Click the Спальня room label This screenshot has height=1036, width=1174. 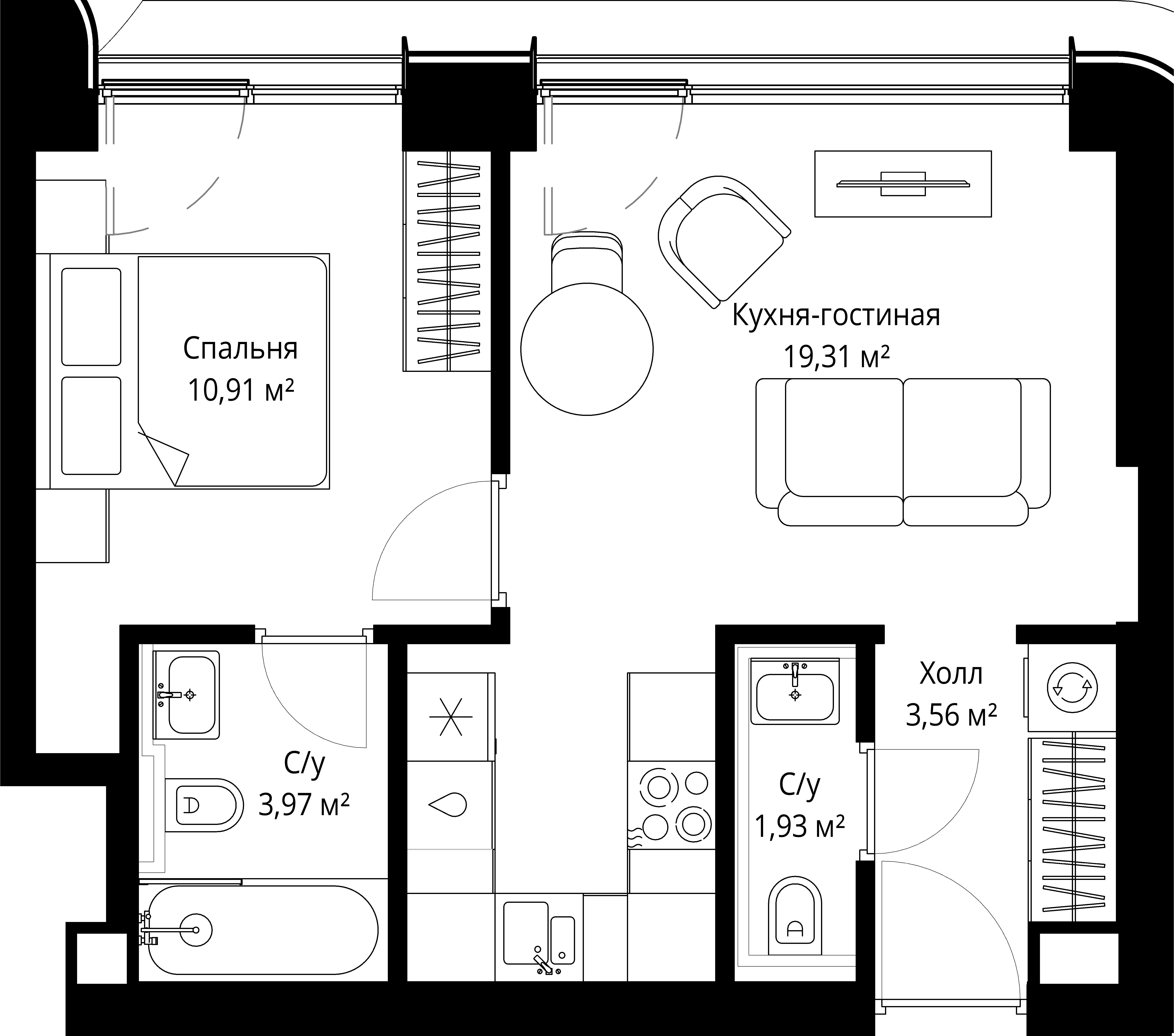click(241, 349)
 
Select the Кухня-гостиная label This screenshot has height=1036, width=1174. click(836, 316)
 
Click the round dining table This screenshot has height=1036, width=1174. click(586, 349)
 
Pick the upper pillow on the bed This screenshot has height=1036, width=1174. click(91, 317)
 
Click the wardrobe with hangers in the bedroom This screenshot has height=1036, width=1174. click(447, 261)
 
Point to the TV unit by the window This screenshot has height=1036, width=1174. click(903, 184)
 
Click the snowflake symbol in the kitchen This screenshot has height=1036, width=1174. click(451, 717)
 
